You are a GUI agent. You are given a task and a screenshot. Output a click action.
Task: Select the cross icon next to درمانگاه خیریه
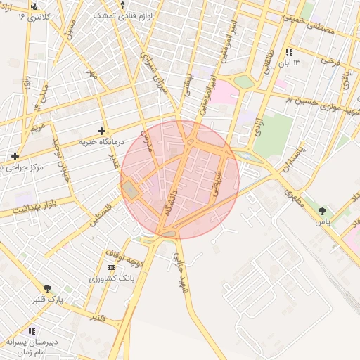(102, 131)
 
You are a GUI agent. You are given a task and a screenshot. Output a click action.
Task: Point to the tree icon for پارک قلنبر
(47, 288)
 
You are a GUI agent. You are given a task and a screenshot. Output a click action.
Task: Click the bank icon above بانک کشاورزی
(110, 267)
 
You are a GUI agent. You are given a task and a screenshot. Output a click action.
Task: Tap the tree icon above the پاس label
(323, 210)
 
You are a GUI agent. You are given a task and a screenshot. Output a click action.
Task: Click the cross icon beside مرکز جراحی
(15, 155)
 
